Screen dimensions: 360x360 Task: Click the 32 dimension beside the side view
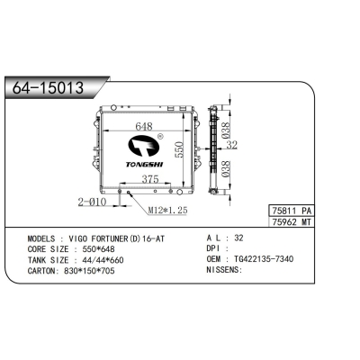[x=230, y=144]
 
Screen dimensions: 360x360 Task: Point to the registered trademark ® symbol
[x=159, y=138]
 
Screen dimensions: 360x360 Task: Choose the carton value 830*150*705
[x=89, y=269]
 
